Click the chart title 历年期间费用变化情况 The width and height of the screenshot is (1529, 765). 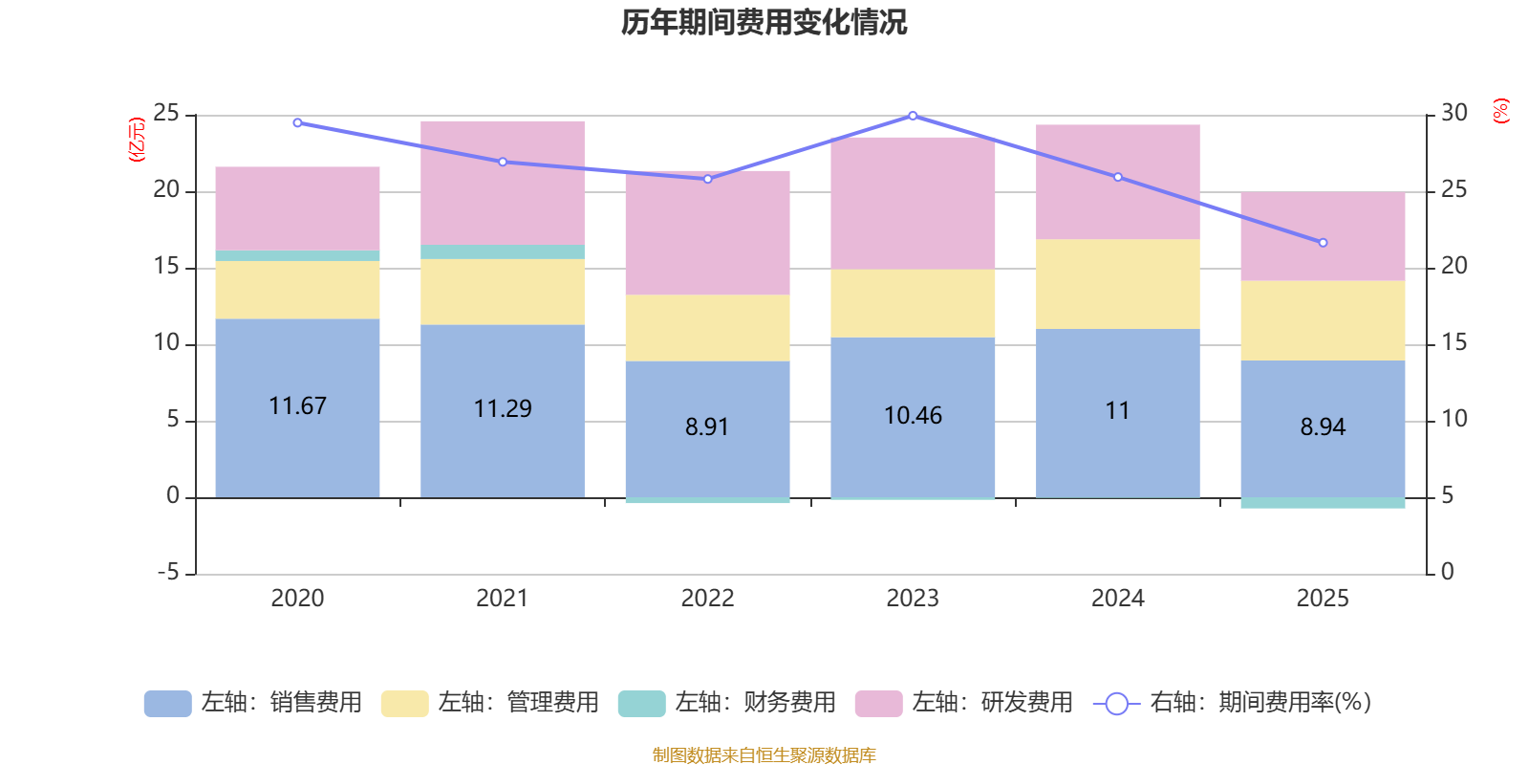(764, 22)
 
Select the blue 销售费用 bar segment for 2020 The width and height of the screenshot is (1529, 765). (297, 449)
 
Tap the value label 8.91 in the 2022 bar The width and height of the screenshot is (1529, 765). (707, 426)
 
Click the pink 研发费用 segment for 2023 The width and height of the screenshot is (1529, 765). (913, 203)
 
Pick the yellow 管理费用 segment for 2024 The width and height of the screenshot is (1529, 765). (1118, 284)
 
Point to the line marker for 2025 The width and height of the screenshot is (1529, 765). (1323, 243)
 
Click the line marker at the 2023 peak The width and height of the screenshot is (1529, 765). (913, 116)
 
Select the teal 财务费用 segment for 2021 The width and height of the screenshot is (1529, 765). (503, 251)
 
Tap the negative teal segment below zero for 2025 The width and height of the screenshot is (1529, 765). (1323, 503)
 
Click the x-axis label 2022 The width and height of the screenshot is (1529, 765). (707, 599)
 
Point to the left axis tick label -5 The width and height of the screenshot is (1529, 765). (167, 573)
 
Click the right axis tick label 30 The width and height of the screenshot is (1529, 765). (1454, 113)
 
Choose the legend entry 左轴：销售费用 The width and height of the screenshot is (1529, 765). (253, 703)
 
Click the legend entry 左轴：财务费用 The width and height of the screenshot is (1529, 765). (727, 703)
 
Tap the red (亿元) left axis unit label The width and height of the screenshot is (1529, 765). (137, 140)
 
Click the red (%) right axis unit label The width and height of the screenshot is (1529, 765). (1501, 111)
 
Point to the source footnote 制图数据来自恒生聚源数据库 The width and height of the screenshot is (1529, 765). (764, 755)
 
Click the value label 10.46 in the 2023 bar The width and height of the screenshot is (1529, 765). (913, 416)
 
